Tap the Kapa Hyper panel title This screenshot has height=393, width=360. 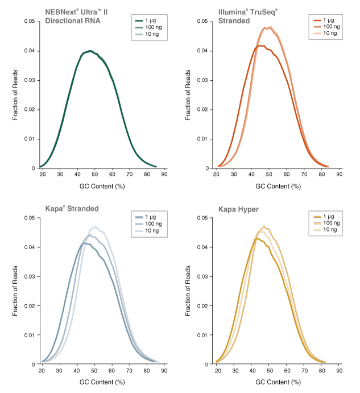[238, 209]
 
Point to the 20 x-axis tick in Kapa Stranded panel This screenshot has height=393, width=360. [42, 371]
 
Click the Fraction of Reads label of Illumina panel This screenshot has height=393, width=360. [188, 95]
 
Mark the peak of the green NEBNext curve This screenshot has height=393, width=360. [90, 51]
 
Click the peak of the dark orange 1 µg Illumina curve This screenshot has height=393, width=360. [260, 45]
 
